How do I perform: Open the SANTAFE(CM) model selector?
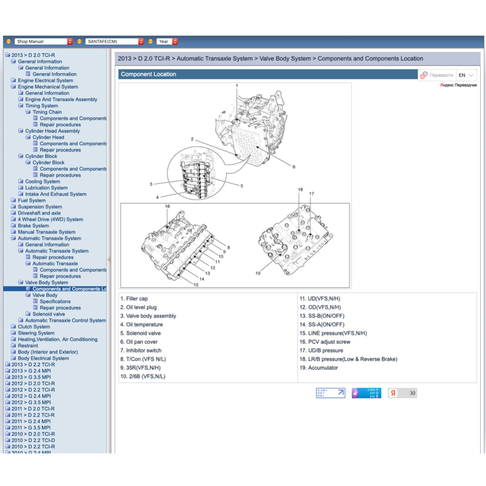[114, 42]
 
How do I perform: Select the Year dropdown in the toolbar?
[168, 42]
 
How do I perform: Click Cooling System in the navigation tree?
[42, 181]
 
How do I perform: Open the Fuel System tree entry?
[31, 200]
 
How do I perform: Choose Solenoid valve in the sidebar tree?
[48, 314]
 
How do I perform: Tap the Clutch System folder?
[34, 327]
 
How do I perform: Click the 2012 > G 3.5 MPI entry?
[31, 402]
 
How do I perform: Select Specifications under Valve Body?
[55, 301]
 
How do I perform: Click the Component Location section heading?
[149, 74]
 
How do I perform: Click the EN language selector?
[466, 75]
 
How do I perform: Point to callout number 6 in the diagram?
[294, 167]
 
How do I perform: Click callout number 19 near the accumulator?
[258, 273]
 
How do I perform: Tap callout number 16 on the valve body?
[168, 206]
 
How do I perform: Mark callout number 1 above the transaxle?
[237, 85]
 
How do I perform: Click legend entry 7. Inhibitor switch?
[141, 350]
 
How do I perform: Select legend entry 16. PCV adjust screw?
[325, 342]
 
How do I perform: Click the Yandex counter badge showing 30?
[402, 393]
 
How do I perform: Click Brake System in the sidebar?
[33, 225]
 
